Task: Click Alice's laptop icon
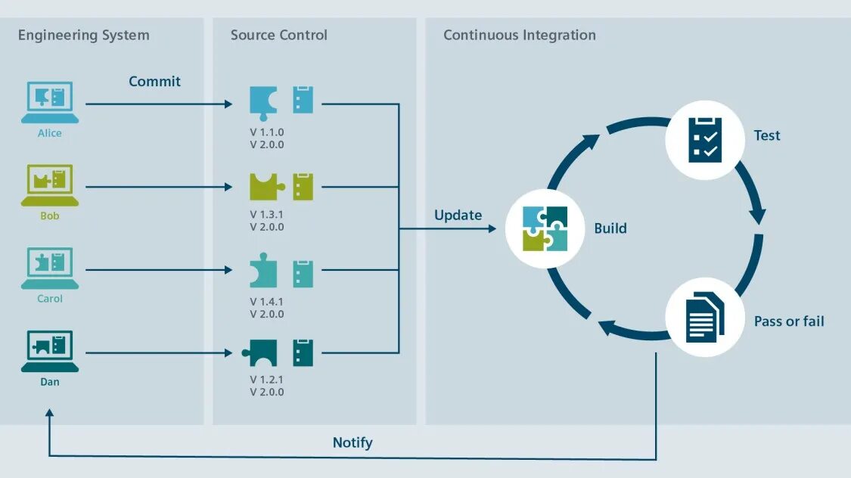pyautogui.click(x=50, y=101)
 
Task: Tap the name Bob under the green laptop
pyautogui.click(x=50, y=216)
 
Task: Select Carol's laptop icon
pyautogui.click(x=50, y=268)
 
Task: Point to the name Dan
pyautogui.click(x=50, y=382)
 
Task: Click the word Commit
pyautogui.click(x=154, y=81)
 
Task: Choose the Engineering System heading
pyautogui.click(x=83, y=36)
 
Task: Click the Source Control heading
pyautogui.click(x=279, y=36)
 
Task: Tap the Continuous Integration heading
pyautogui.click(x=520, y=36)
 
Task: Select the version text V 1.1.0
pyautogui.click(x=267, y=132)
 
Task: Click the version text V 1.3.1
pyautogui.click(x=267, y=214)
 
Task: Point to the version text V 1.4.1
pyautogui.click(x=267, y=301)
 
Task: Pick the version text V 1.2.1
pyautogui.click(x=267, y=380)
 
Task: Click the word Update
pyautogui.click(x=458, y=215)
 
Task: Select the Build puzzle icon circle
pyautogui.click(x=545, y=228)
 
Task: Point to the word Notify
pyautogui.click(x=353, y=442)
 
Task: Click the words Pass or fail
pyautogui.click(x=789, y=321)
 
